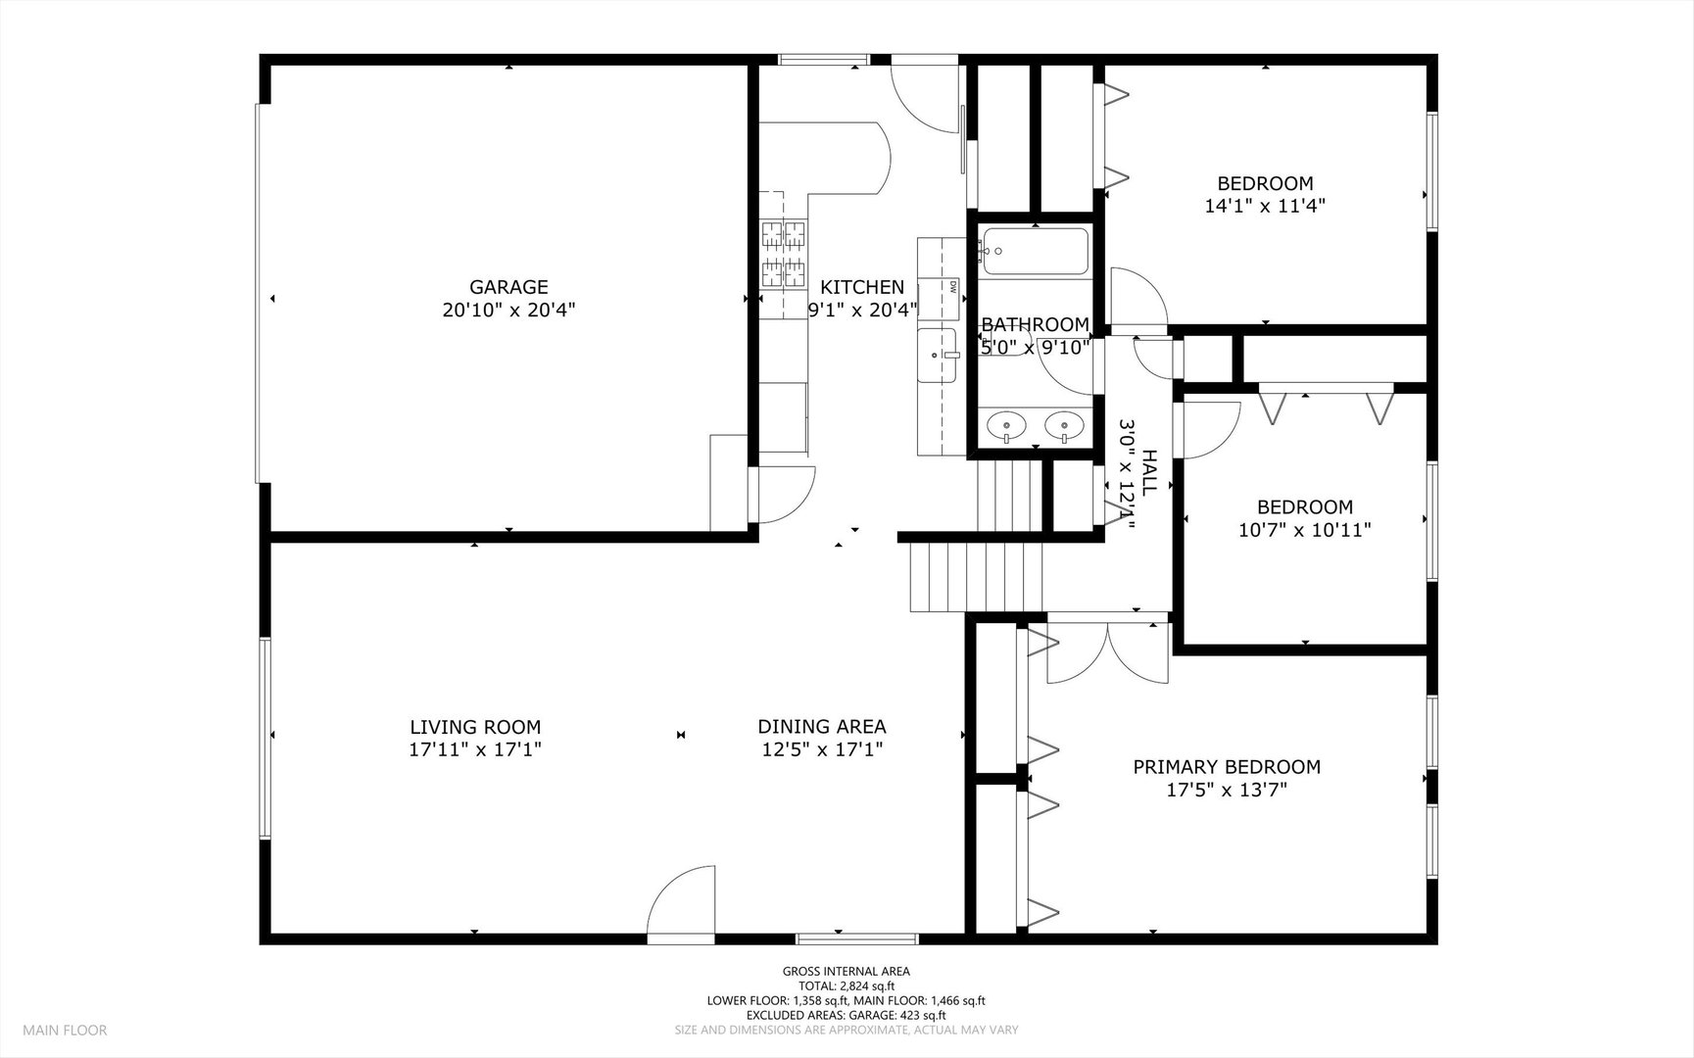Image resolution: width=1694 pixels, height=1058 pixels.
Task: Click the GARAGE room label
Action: (508, 287)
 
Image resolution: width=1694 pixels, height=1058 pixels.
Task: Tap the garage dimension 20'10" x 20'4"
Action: (508, 311)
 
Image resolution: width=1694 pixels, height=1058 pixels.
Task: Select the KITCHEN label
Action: (862, 287)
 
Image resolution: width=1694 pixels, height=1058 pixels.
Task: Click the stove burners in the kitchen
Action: (784, 254)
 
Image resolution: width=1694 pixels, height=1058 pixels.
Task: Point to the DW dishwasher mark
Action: (952, 287)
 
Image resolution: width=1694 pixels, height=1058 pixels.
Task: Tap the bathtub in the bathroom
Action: (1036, 252)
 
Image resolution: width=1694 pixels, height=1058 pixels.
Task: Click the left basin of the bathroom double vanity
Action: (1006, 426)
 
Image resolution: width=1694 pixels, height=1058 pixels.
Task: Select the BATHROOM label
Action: (1035, 324)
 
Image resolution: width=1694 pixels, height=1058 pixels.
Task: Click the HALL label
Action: (1149, 471)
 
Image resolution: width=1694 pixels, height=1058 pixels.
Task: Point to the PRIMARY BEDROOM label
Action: (1227, 767)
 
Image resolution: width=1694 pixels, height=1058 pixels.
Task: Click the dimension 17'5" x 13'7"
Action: (1227, 791)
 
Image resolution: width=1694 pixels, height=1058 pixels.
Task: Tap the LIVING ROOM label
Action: (475, 727)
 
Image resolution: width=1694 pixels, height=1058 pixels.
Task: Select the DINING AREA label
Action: (822, 726)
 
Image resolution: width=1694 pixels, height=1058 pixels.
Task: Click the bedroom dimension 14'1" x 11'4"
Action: (1265, 207)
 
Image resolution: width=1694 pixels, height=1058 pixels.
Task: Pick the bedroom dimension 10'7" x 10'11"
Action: (1305, 530)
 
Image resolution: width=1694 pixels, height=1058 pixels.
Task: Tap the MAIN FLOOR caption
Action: (65, 1030)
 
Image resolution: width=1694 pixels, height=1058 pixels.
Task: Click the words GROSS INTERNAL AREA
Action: (846, 972)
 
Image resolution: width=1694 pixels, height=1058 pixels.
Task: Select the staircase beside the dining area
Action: (976, 577)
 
